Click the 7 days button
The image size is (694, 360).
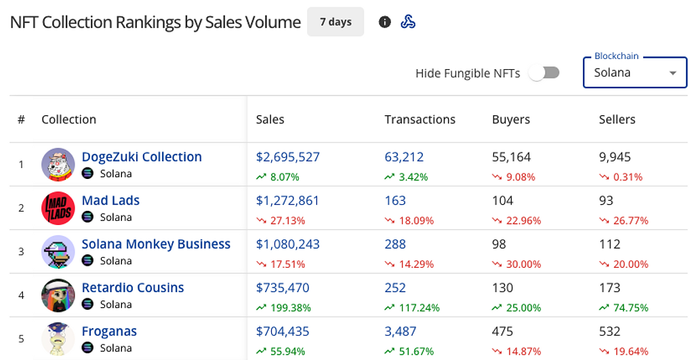click(x=335, y=22)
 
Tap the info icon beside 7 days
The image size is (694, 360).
click(x=385, y=22)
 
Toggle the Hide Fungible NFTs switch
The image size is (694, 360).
click(x=544, y=73)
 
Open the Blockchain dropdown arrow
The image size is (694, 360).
click(x=673, y=73)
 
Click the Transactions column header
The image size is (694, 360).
click(x=420, y=119)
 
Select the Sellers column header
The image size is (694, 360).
click(x=617, y=119)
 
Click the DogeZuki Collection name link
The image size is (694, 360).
click(x=142, y=157)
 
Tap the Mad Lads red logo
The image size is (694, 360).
click(x=58, y=208)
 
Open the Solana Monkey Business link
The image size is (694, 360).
click(x=156, y=244)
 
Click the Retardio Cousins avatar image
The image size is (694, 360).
click(x=58, y=296)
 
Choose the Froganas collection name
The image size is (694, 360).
click(x=109, y=332)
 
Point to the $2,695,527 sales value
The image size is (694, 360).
click(x=287, y=157)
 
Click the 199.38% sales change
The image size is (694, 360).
click(x=290, y=308)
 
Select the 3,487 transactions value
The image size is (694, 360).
click(x=400, y=332)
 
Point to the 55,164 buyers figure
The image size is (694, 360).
click(x=511, y=157)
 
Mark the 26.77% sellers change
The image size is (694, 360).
click(x=631, y=220)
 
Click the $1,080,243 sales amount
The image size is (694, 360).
click(x=287, y=244)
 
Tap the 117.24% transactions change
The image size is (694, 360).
click(x=419, y=308)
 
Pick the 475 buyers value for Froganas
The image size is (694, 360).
click(x=502, y=332)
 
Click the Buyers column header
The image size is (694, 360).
click(x=511, y=119)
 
